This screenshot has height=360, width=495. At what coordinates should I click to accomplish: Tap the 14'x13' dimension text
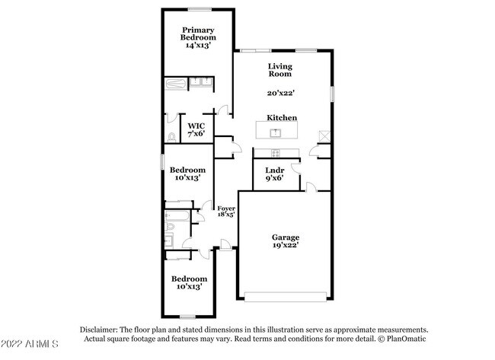(197, 45)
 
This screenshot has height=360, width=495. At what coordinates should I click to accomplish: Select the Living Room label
(279, 71)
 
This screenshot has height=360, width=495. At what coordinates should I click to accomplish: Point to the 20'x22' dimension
(279, 94)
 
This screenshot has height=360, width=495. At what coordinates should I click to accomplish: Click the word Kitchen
(281, 118)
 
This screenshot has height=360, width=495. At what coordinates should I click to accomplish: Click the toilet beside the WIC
(173, 138)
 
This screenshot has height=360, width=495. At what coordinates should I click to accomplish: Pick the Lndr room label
(274, 170)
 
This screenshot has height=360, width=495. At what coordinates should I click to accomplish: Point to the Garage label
(286, 237)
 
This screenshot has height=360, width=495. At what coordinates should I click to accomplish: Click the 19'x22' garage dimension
(286, 245)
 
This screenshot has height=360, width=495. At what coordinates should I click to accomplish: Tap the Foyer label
(225, 208)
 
